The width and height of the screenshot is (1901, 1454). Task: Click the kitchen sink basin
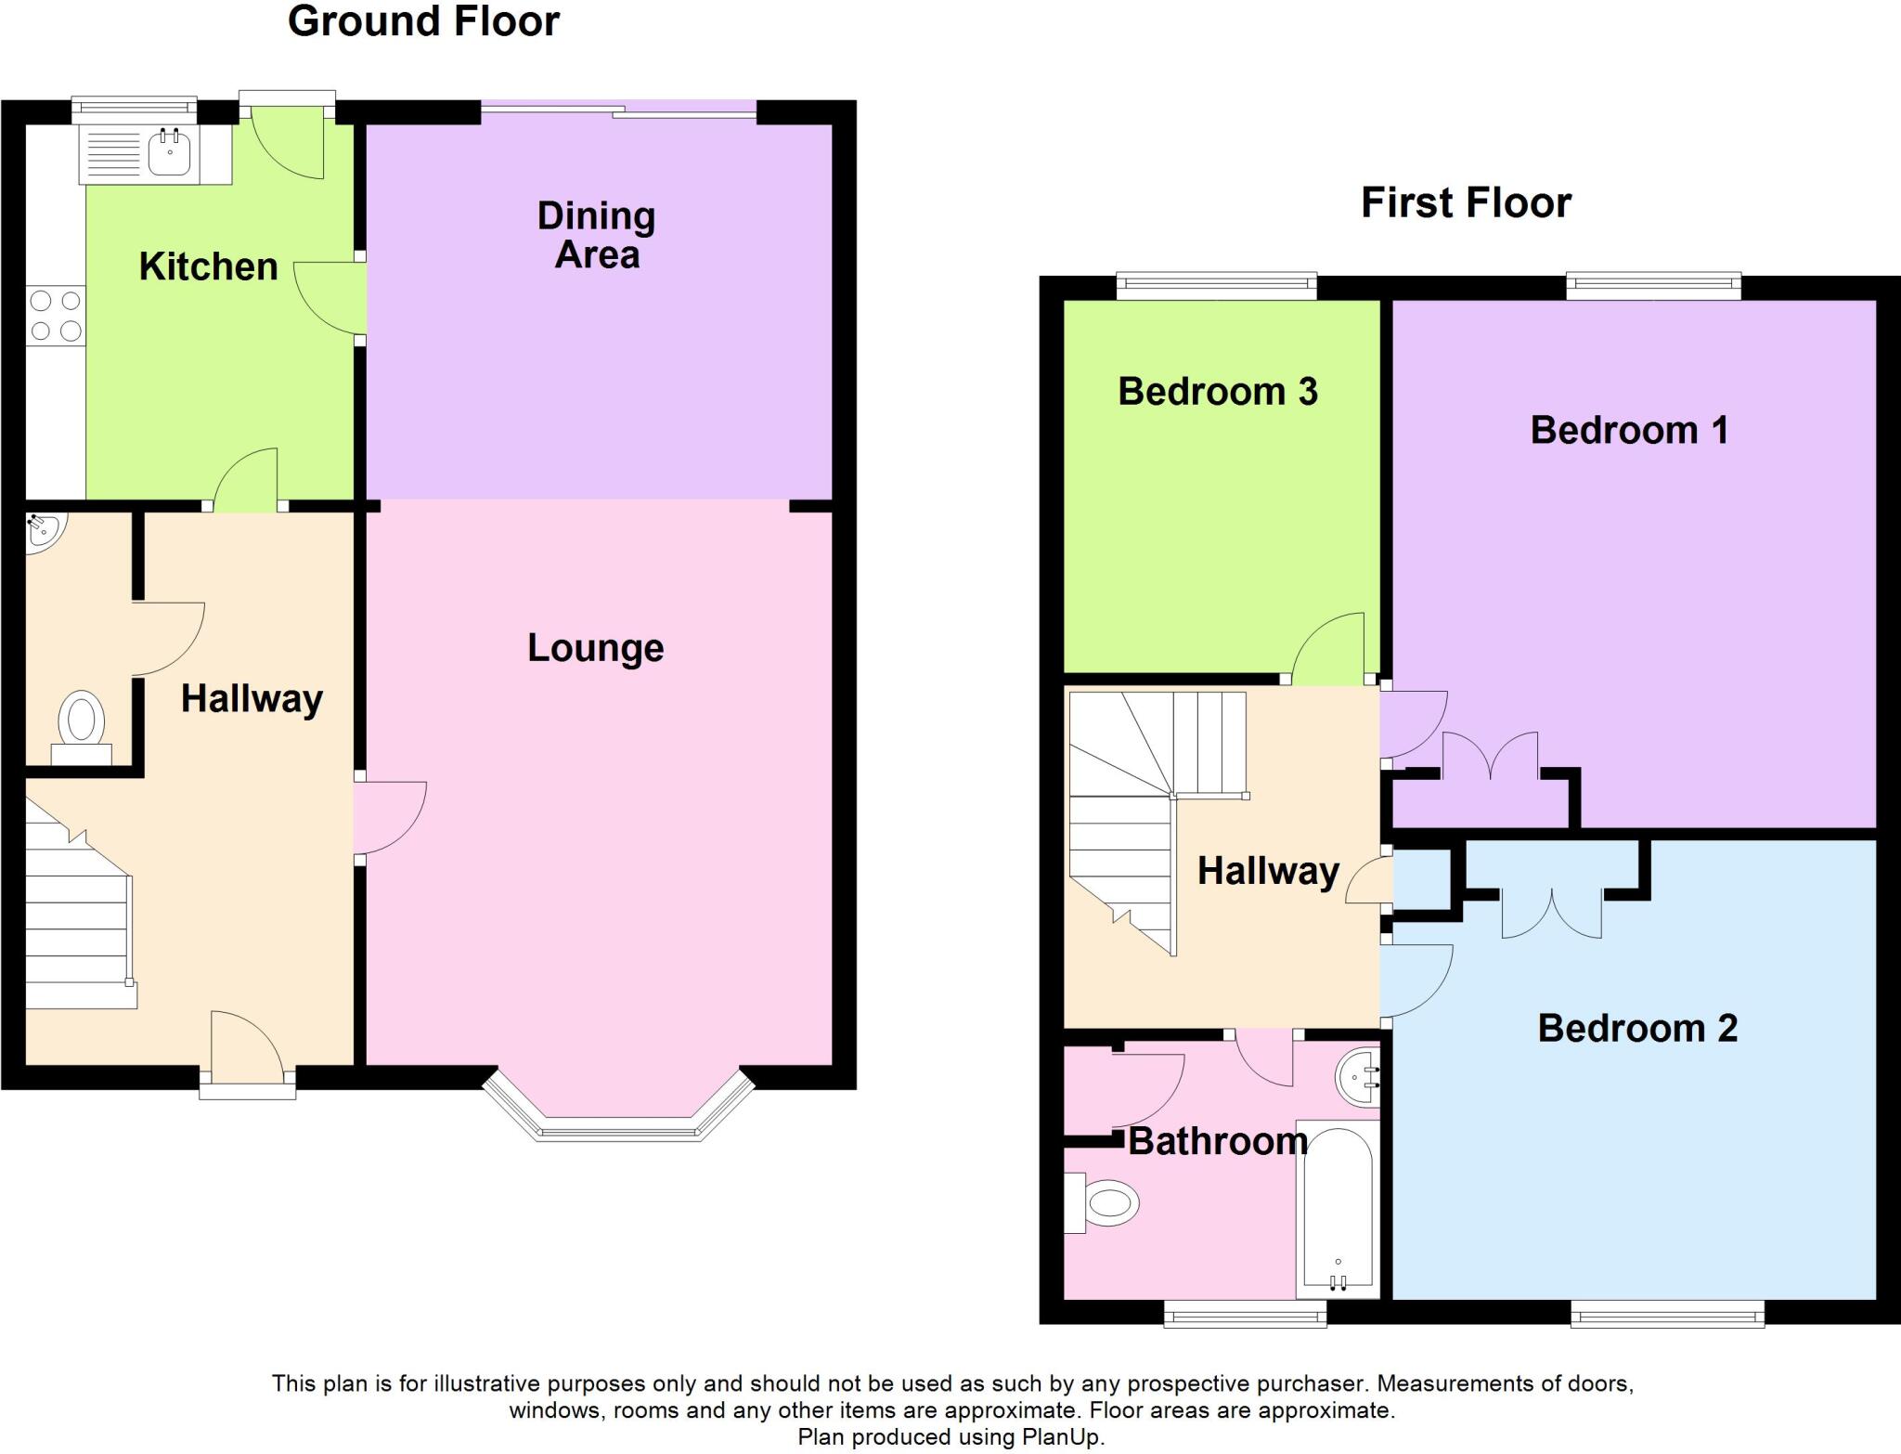click(x=169, y=153)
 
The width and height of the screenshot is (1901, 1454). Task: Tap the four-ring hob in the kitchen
click(x=56, y=316)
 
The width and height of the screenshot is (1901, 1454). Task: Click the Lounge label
click(x=595, y=648)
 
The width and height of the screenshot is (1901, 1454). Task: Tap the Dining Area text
click(x=597, y=235)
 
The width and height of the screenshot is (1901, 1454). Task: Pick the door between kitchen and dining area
click(x=330, y=297)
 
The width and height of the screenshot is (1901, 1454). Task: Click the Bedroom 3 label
click(x=1217, y=391)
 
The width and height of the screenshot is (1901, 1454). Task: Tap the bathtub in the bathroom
click(x=1338, y=1207)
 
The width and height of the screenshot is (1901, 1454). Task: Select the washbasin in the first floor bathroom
click(x=1358, y=1078)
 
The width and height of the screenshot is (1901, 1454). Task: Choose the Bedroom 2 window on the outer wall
click(x=1667, y=1311)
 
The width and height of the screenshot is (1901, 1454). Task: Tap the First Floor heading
click(x=1466, y=202)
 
